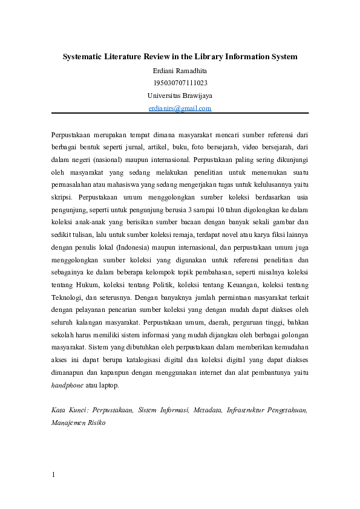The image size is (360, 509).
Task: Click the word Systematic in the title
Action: [84, 57]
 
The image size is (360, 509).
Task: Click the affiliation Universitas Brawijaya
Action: [180, 96]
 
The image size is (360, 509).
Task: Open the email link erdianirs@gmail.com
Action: [180, 108]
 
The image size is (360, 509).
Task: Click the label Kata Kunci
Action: [70, 411]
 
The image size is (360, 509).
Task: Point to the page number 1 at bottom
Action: [53, 475]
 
